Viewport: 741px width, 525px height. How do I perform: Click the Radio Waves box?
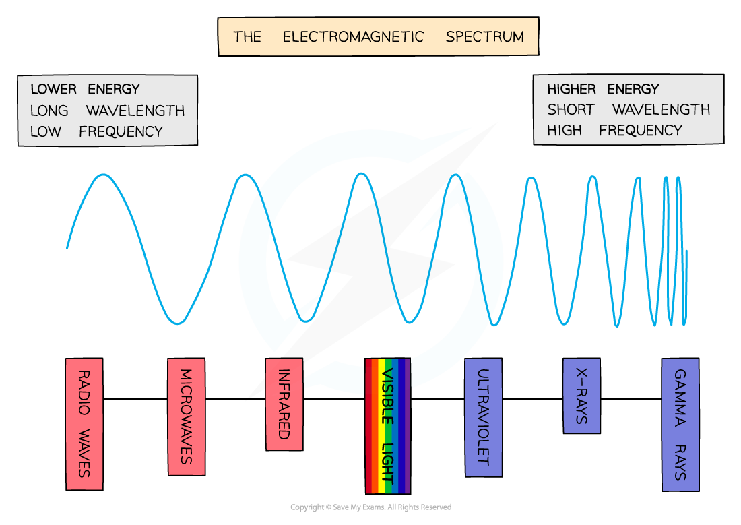coord(84,424)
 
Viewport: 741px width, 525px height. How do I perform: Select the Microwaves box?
coord(187,416)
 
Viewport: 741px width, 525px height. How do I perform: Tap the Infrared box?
coord(284,404)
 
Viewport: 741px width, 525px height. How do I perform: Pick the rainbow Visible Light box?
coord(387,426)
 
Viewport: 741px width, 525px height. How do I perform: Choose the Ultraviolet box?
coord(484,417)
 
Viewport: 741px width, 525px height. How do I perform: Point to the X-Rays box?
coord(582,396)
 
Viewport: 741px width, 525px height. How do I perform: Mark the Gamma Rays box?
coord(680,425)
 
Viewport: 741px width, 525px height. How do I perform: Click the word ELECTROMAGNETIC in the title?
coord(353,37)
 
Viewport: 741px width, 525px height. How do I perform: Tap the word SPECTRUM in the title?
coord(485,37)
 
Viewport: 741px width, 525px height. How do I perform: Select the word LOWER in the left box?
coord(53,89)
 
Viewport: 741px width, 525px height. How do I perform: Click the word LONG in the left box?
coord(49,111)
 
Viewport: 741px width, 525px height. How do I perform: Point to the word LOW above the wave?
coord(45,131)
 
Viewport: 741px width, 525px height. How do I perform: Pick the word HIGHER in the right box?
coord(571,89)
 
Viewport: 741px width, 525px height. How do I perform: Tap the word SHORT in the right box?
coord(571,110)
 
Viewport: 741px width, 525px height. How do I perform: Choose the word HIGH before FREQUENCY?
coord(565,131)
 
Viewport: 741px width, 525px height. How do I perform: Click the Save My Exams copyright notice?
coord(371,507)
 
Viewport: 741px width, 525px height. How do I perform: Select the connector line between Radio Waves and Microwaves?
coord(135,399)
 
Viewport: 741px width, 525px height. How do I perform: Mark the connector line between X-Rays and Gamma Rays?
coord(631,399)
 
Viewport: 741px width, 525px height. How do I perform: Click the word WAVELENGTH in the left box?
coord(135,111)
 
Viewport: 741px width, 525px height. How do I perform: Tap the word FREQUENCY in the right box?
coord(641,131)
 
